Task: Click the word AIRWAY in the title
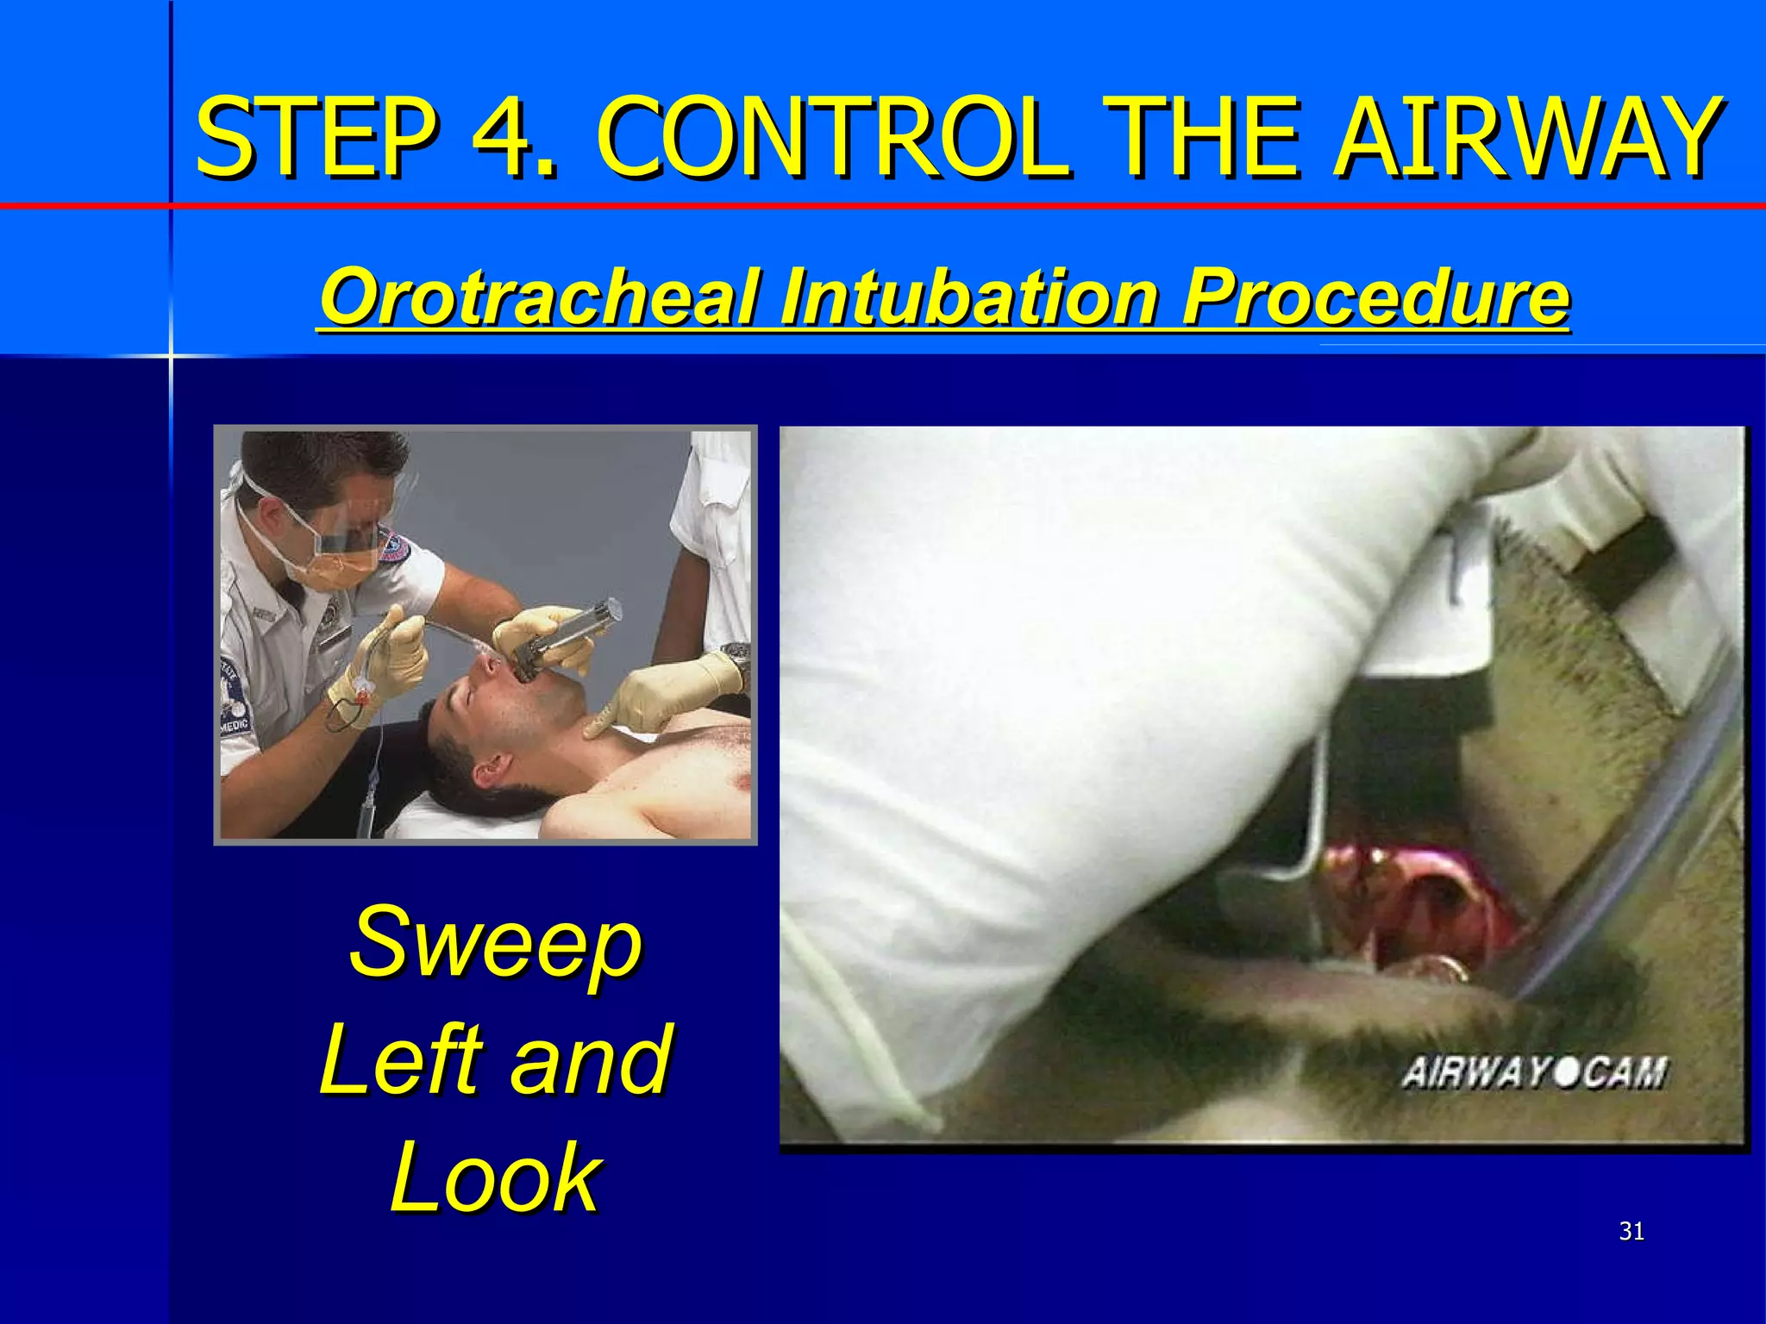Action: point(1526,138)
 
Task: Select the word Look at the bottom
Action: point(496,1177)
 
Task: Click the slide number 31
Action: point(1631,1232)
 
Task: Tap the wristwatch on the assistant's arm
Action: point(736,655)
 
